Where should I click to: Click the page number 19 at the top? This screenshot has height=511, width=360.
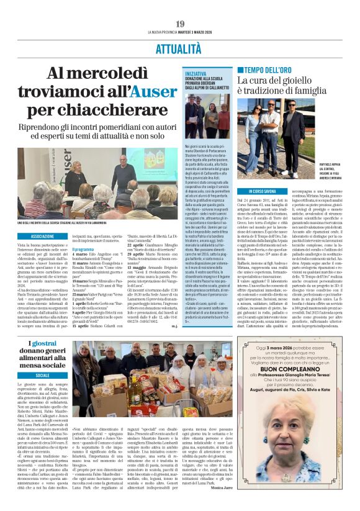(180, 24)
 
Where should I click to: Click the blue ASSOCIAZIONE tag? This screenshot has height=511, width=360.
(43, 237)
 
